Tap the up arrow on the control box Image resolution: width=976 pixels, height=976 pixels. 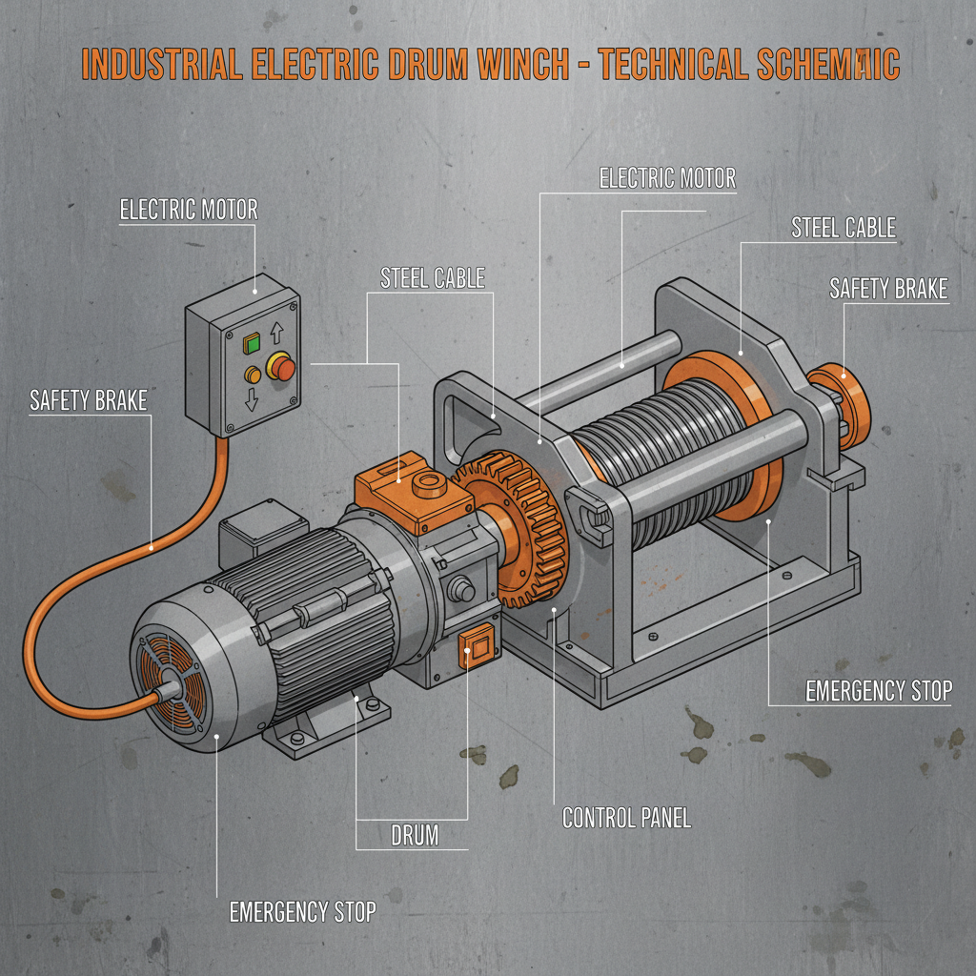[278, 333]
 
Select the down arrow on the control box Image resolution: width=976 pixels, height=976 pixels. [252, 398]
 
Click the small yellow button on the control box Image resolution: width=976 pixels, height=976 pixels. [253, 375]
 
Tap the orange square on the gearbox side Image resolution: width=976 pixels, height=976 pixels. [474, 648]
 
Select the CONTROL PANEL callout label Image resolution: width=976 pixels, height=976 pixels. [626, 818]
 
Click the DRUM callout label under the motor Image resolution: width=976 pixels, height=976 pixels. [415, 837]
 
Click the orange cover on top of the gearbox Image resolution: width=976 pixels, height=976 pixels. [400, 491]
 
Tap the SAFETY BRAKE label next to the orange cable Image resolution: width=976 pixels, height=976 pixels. [89, 400]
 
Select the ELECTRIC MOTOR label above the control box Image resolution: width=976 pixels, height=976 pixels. [189, 210]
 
